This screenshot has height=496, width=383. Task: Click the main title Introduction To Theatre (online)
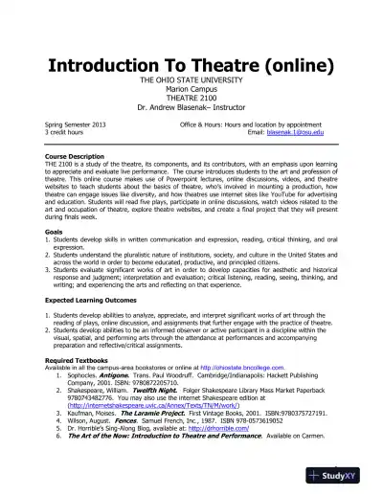(191, 66)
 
